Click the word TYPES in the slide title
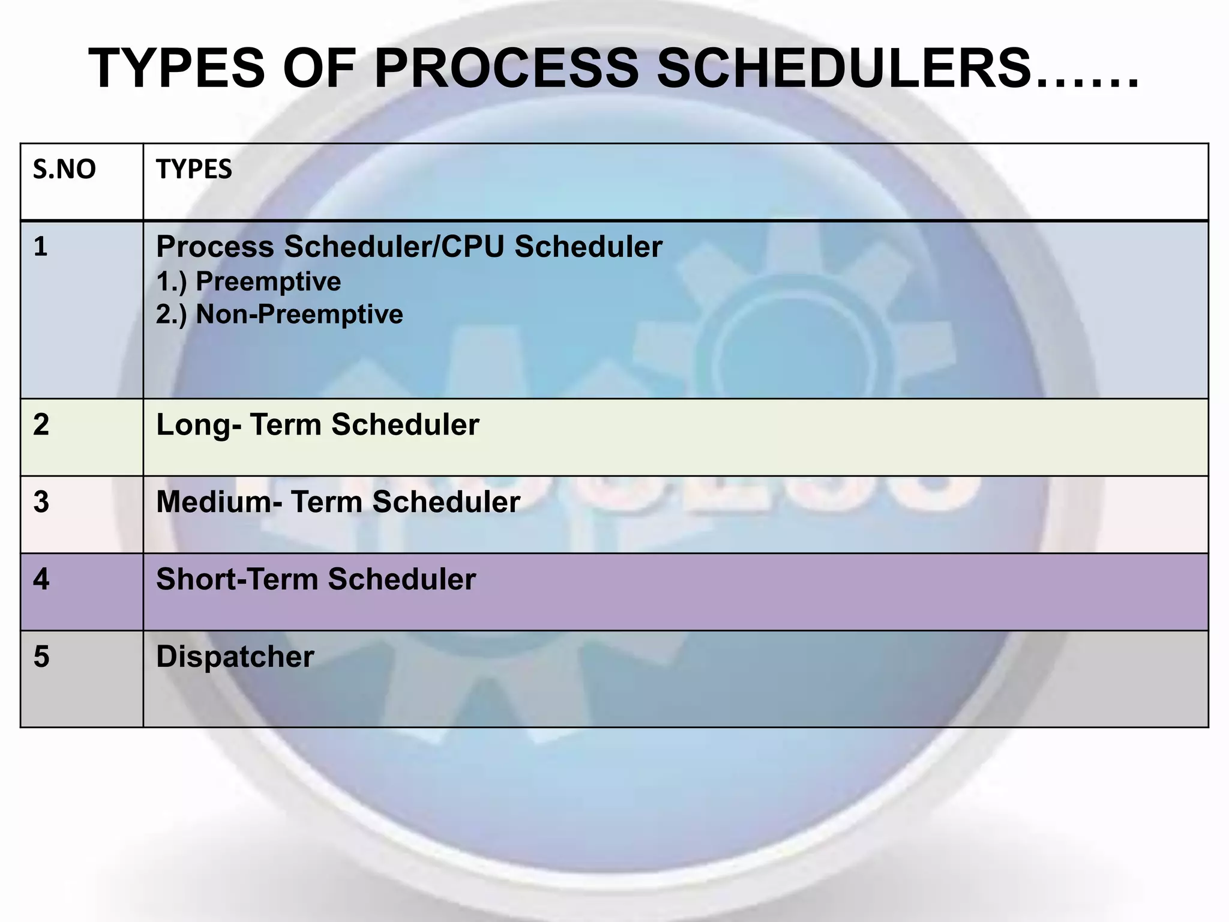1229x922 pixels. click(176, 68)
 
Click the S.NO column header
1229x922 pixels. click(64, 170)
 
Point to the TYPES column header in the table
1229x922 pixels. click(194, 170)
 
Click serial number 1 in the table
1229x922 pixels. click(40, 247)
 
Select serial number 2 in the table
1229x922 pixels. click(41, 425)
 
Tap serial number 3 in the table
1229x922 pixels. click(41, 502)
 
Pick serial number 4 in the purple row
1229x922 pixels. click(41, 579)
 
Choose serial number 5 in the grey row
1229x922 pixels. click(41, 657)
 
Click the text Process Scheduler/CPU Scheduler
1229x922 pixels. click(409, 247)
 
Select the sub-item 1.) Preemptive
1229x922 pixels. click(248, 282)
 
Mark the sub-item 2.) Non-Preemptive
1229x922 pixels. click(279, 315)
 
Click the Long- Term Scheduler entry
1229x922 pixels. click(317, 425)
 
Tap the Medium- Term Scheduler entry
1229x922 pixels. click(338, 502)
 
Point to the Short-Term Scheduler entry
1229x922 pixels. click(316, 579)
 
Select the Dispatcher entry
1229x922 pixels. click(235, 657)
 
